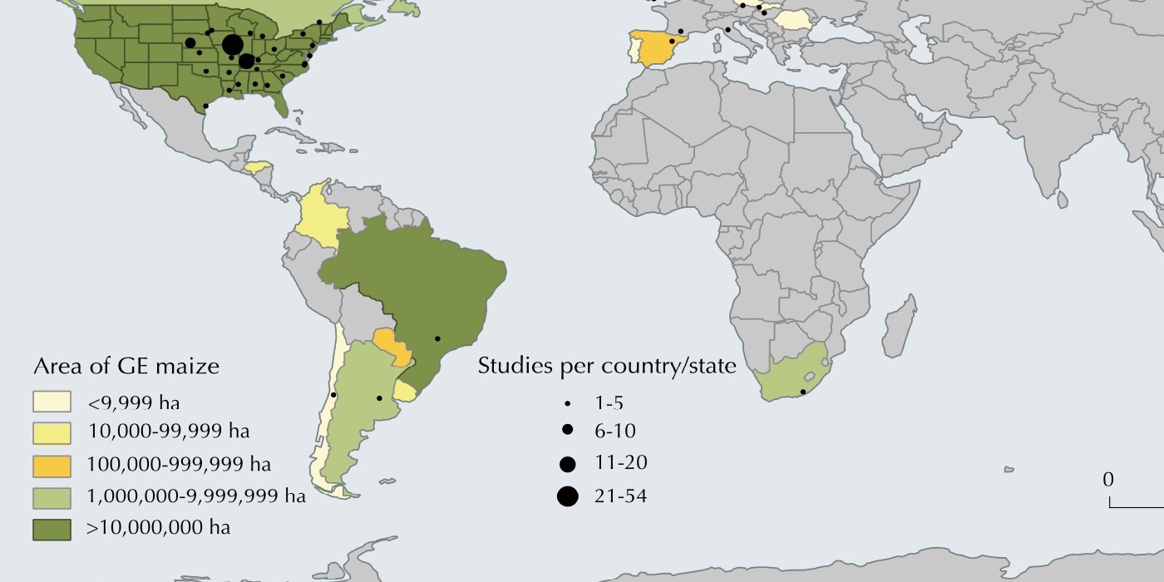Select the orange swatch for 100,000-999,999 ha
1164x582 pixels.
[x=57, y=464]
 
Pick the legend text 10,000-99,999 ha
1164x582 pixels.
[x=168, y=432]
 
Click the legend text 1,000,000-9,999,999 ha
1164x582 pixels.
[x=196, y=496]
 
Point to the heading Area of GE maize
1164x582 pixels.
[x=126, y=366]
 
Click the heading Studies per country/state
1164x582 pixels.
[x=607, y=366]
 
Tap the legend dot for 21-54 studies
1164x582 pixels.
[x=568, y=496]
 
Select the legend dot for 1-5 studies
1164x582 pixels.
[x=568, y=403]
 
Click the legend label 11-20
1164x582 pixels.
[x=620, y=463]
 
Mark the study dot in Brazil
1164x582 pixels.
[x=437, y=338]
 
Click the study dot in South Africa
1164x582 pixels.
[x=803, y=392]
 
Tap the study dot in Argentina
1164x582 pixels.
[x=379, y=398]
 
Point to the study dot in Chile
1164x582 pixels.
[x=333, y=395]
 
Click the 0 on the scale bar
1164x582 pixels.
[x=1108, y=481]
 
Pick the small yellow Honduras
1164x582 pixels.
[x=258, y=165]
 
